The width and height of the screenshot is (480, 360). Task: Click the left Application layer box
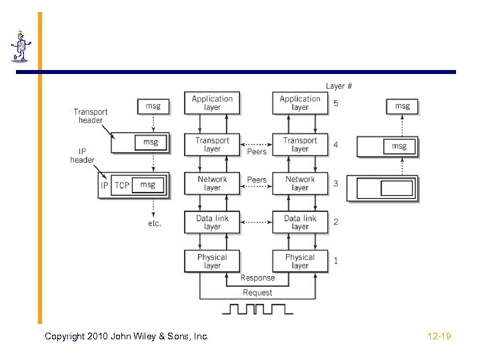212,103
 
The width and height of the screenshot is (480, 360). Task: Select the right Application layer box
300,103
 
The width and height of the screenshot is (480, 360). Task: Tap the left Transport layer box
212,145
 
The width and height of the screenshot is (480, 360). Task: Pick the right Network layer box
300,183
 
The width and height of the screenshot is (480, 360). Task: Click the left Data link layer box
212,223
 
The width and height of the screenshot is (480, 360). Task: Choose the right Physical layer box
300,261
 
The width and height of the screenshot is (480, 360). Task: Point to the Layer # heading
339,86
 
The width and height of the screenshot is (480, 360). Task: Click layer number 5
335,104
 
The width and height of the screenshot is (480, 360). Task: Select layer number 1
335,261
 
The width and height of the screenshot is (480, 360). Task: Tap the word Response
257,278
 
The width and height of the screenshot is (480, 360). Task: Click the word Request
257,293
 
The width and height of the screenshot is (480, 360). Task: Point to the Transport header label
91,116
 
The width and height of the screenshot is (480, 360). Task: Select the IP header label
82,155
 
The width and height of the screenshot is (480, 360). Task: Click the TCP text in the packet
122,185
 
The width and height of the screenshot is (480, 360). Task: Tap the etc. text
155,223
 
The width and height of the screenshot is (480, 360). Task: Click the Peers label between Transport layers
257,152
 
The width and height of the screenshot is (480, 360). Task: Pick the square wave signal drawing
257,309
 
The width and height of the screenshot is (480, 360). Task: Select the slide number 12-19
439,337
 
